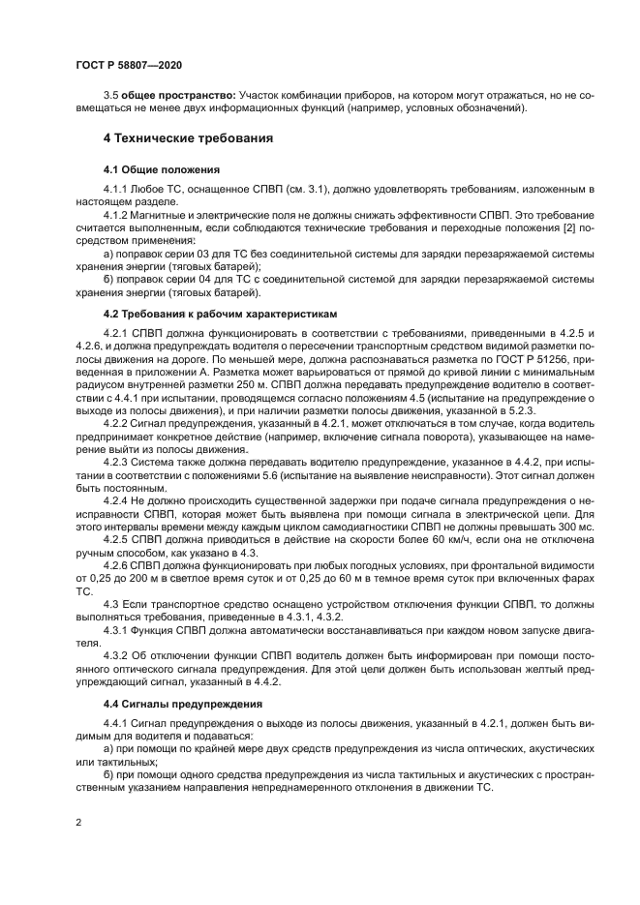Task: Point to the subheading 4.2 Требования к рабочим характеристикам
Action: coord(222,314)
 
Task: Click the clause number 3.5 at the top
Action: coord(111,97)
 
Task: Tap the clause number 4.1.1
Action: coord(117,186)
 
